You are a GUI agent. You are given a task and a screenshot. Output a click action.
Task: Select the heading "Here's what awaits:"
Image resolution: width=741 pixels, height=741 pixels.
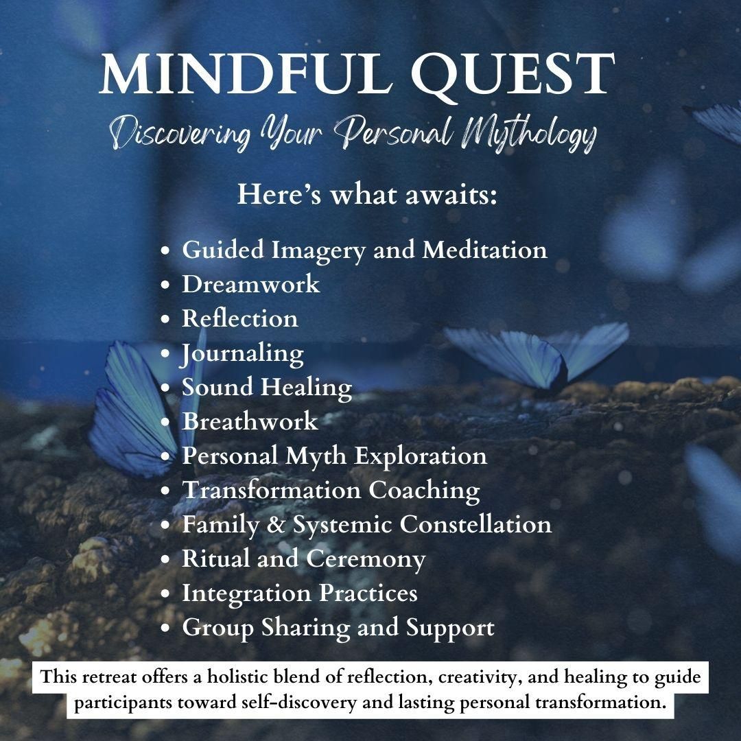coord(367,194)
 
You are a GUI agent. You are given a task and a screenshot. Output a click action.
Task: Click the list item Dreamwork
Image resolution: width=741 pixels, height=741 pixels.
coord(250,284)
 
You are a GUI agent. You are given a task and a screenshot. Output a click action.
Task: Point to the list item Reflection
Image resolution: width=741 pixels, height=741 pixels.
coord(239,318)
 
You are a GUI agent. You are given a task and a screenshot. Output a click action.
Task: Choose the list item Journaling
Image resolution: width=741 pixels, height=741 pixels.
coord(242,353)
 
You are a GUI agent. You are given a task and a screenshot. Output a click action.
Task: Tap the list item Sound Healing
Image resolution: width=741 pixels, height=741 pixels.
coord(266,387)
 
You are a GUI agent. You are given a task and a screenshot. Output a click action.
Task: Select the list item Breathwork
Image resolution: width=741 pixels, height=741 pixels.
coord(250,421)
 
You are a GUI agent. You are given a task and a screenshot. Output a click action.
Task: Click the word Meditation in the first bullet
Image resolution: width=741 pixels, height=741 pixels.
coord(484,250)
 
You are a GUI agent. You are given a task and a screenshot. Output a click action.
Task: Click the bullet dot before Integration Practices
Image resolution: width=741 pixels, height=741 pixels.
coord(165,593)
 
